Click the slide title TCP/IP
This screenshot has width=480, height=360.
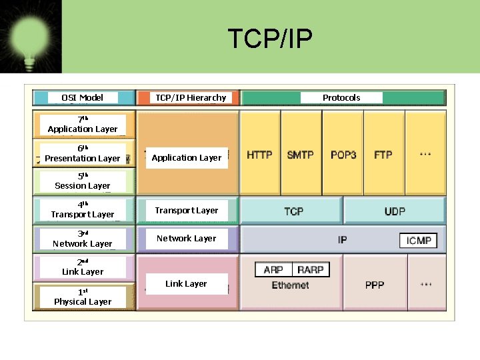pos(269,39)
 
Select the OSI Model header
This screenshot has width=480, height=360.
pos(82,97)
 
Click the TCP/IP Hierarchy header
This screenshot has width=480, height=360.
pos(190,97)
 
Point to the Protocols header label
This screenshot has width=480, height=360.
pos(341,97)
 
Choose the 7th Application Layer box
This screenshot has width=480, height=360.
pos(83,124)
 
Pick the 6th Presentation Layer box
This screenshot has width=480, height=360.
pos(83,153)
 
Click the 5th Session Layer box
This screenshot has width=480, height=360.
pos(83,181)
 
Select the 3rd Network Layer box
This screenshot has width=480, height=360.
pos(83,239)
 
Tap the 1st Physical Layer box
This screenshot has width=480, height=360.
pos(83,297)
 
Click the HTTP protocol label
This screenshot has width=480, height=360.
pos(259,155)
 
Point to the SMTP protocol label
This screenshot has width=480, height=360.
pos(300,155)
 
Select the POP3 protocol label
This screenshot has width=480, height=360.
pos(343,155)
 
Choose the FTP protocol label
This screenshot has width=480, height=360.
pos(383,155)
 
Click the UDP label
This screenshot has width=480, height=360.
pos(395,211)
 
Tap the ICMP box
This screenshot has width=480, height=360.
pos(419,240)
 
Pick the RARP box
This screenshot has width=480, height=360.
pos(311,269)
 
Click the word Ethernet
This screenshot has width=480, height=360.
pos(290,285)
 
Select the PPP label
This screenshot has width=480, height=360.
pos(375,285)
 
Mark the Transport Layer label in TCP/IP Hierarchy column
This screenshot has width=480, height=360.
pos(187,210)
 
